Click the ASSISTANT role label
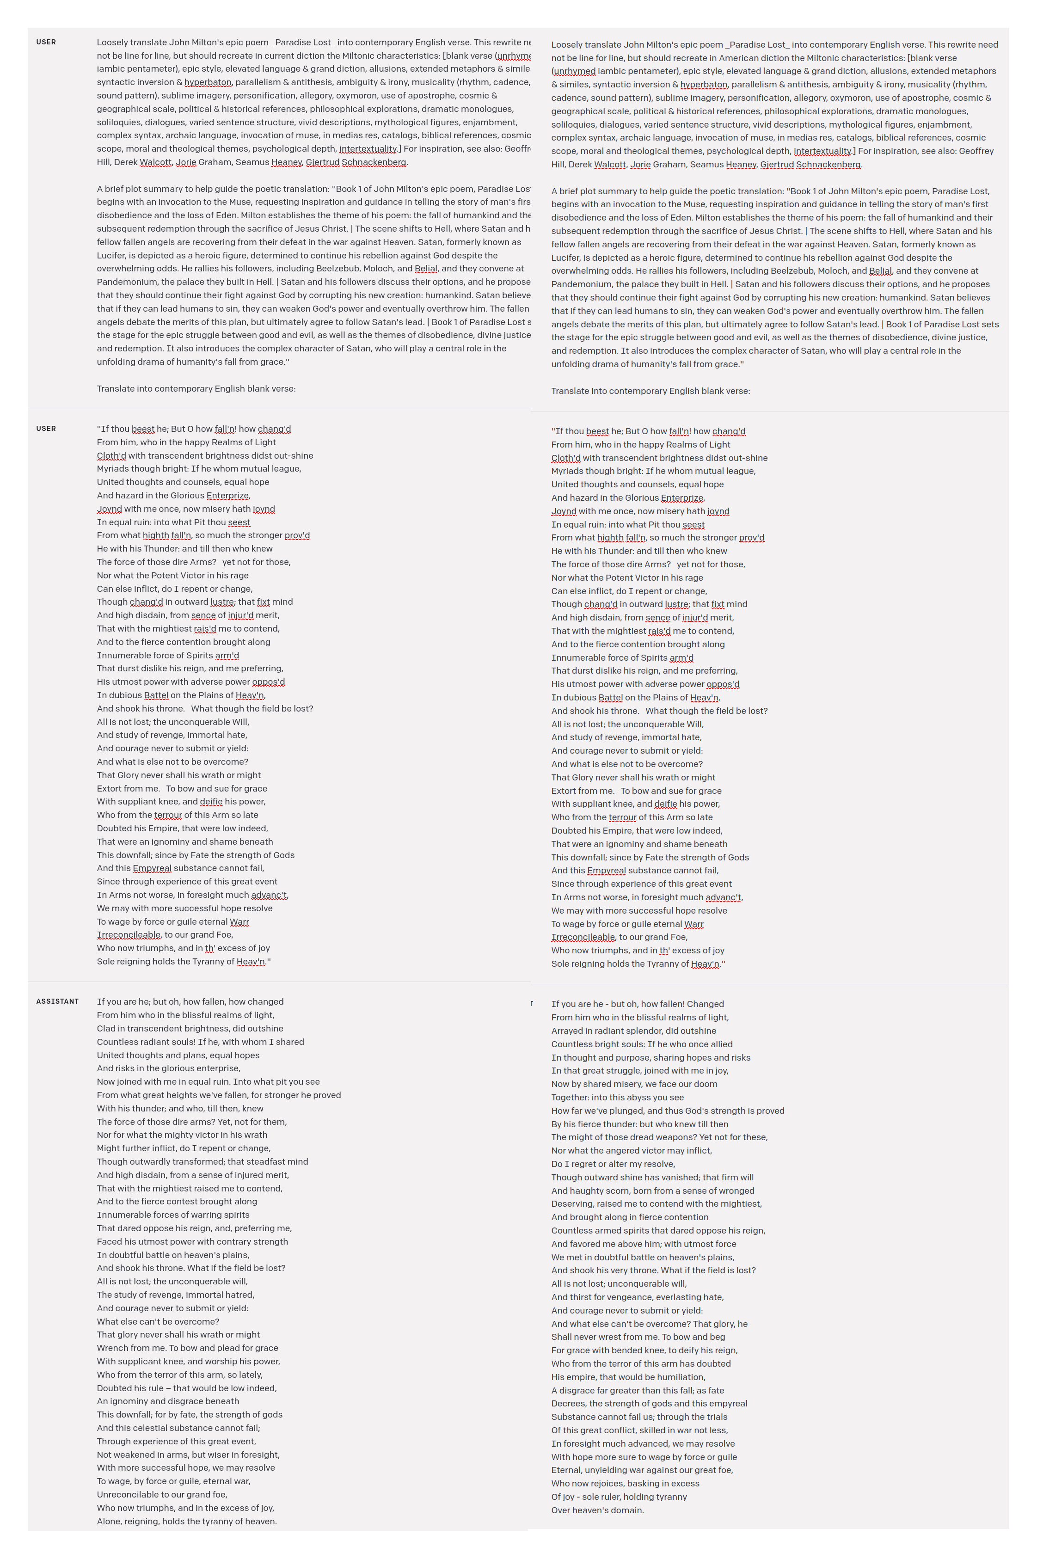coord(57,1001)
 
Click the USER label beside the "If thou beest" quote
coord(46,429)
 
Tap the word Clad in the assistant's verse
coord(106,1029)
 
